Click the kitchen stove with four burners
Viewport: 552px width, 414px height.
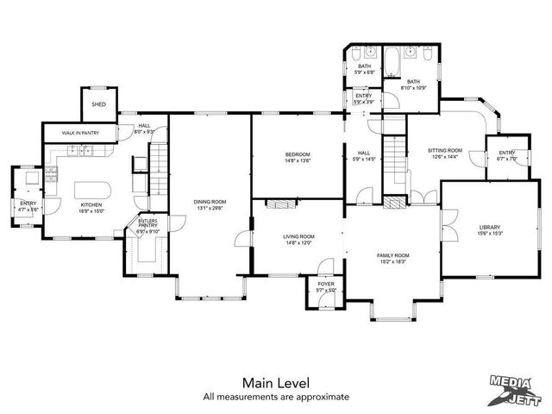(x=50, y=179)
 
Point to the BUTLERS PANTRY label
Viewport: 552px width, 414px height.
(x=148, y=224)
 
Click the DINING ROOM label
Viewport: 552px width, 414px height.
(x=208, y=203)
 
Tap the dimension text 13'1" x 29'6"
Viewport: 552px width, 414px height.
(x=208, y=209)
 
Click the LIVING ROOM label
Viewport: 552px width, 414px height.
(x=298, y=236)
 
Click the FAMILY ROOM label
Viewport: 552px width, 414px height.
(x=392, y=255)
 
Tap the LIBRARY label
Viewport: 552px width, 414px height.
(x=490, y=228)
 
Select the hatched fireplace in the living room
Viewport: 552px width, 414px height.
(x=278, y=204)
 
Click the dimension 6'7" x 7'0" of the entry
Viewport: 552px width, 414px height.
(x=506, y=159)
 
